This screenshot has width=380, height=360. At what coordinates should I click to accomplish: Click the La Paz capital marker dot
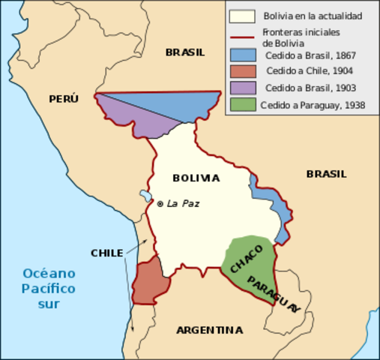(x=160, y=203)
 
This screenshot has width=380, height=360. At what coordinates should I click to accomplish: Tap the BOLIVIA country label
(x=196, y=178)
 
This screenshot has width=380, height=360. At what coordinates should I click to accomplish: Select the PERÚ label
(x=64, y=98)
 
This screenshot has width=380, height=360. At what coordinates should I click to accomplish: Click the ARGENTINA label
(x=209, y=330)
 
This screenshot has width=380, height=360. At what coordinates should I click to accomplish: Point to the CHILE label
(x=106, y=253)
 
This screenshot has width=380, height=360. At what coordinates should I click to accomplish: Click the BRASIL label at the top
(x=184, y=52)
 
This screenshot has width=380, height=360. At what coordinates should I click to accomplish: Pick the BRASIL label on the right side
(x=326, y=173)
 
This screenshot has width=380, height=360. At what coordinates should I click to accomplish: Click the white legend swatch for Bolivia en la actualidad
(x=242, y=16)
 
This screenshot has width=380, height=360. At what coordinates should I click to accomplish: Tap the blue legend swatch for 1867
(x=242, y=55)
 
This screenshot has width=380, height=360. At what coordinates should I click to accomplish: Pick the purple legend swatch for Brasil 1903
(x=242, y=88)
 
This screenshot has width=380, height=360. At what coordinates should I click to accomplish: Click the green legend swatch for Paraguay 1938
(x=242, y=105)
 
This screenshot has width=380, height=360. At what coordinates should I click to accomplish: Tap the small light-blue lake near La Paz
(x=145, y=196)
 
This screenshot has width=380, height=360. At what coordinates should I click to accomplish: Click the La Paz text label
(x=183, y=203)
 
